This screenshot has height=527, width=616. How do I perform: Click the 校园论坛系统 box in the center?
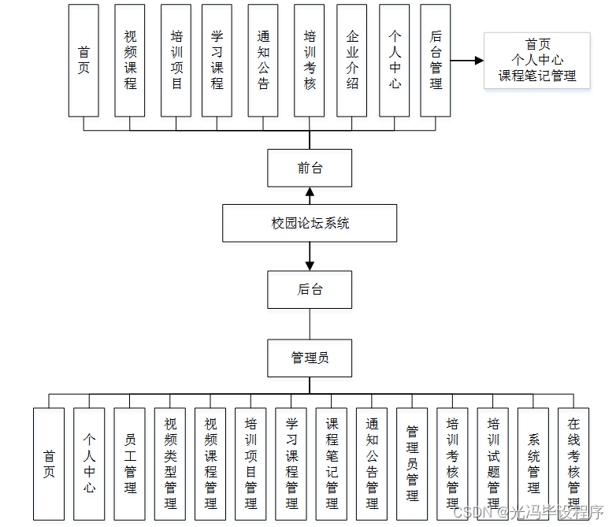[310, 223]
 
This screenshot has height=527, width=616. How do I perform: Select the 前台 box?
[310, 168]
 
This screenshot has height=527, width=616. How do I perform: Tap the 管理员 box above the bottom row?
[310, 358]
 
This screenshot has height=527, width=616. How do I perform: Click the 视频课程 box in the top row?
[130, 60]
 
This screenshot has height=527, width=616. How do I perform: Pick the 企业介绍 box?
[352, 60]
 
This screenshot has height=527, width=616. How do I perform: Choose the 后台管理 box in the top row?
[436, 60]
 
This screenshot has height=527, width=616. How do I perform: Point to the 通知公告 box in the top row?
[263, 60]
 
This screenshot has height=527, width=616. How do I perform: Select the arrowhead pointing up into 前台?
[310, 192]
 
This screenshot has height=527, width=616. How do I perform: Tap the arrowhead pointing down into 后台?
[310, 265]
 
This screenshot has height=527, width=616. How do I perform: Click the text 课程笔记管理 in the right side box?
[536, 76]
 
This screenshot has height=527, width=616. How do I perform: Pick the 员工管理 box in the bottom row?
[130, 463]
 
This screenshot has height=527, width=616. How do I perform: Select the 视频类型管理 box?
[170, 463]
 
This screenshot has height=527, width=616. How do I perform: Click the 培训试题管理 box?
[493, 463]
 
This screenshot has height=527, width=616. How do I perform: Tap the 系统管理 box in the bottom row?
[533, 463]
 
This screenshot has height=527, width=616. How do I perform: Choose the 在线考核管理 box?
[573, 463]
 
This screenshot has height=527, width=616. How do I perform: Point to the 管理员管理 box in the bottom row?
[412, 463]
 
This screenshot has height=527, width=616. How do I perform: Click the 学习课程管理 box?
[291, 463]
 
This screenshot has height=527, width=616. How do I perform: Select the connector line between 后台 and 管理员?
[310, 324]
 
